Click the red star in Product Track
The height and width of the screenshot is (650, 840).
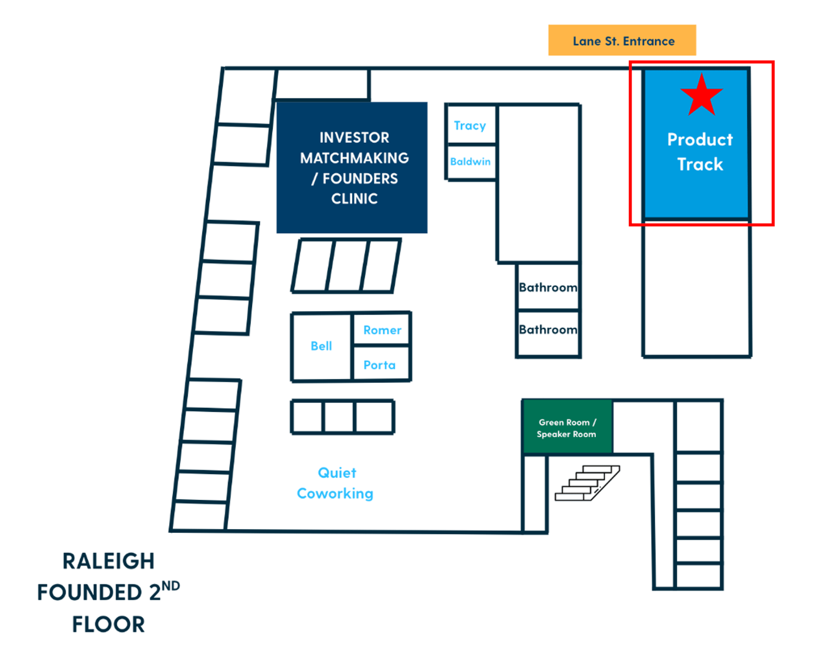click(x=701, y=96)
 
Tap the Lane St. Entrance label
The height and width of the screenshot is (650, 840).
click(x=623, y=41)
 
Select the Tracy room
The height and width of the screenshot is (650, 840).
click(x=470, y=125)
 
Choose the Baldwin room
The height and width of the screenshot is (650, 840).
click(x=470, y=162)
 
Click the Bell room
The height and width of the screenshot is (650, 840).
click(x=321, y=346)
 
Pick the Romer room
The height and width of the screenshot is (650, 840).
click(x=382, y=330)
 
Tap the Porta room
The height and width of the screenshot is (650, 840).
click(x=380, y=365)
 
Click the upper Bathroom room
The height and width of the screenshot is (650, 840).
click(x=548, y=287)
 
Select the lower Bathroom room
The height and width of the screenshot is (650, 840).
click(x=548, y=330)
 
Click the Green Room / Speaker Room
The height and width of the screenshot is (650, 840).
click(x=567, y=428)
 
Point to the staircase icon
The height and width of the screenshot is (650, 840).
click(x=587, y=483)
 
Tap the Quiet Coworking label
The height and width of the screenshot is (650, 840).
click(x=336, y=483)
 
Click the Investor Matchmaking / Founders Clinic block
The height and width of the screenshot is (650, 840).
click(x=352, y=167)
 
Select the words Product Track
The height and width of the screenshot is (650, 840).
click(x=699, y=152)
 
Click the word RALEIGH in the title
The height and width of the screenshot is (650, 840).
click(x=109, y=561)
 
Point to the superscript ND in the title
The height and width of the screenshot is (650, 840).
click(x=171, y=586)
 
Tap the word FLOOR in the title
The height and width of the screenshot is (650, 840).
click(x=109, y=624)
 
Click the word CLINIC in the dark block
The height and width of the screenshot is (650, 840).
click(x=354, y=198)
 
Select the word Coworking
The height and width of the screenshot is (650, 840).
click(x=335, y=494)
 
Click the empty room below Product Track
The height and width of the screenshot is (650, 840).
click(x=697, y=289)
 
